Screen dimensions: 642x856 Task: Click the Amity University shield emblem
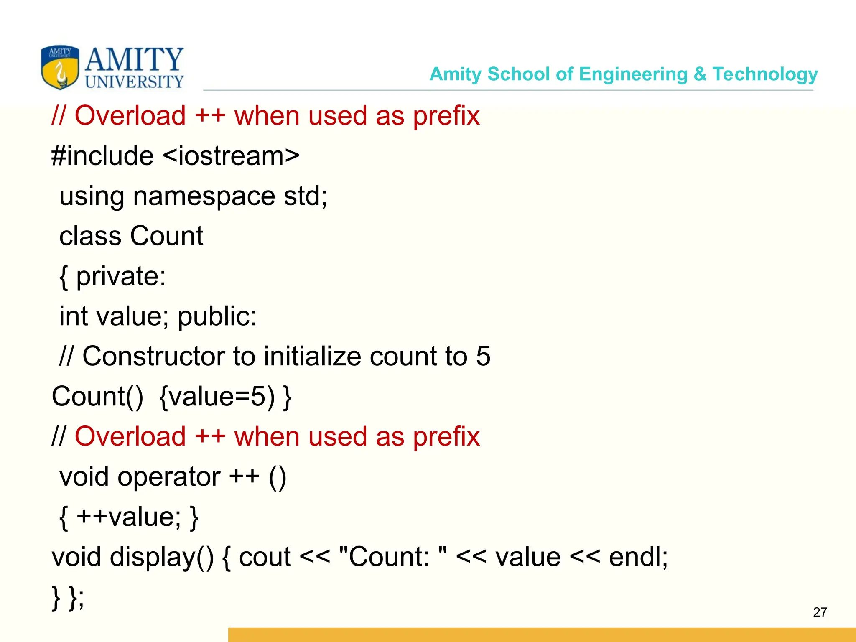click(60, 67)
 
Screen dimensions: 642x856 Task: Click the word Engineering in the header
click(633, 74)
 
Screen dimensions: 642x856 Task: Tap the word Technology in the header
click(765, 74)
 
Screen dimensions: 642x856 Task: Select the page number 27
click(820, 612)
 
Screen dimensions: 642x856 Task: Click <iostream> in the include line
click(231, 156)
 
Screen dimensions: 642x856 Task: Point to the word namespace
click(204, 196)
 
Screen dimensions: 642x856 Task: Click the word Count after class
click(166, 236)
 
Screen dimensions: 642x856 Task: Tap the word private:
click(121, 276)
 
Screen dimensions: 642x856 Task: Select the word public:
click(217, 316)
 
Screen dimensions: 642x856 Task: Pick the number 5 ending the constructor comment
click(483, 357)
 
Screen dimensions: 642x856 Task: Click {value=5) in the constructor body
click(217, 397)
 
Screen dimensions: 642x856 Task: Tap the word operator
click(169, 477)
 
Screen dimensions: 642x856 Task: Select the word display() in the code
click(162, 557)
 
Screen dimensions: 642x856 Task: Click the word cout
click(265, 557)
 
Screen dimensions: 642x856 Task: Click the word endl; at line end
click(638, 557)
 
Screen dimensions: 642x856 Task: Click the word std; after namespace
click(306, 196)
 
